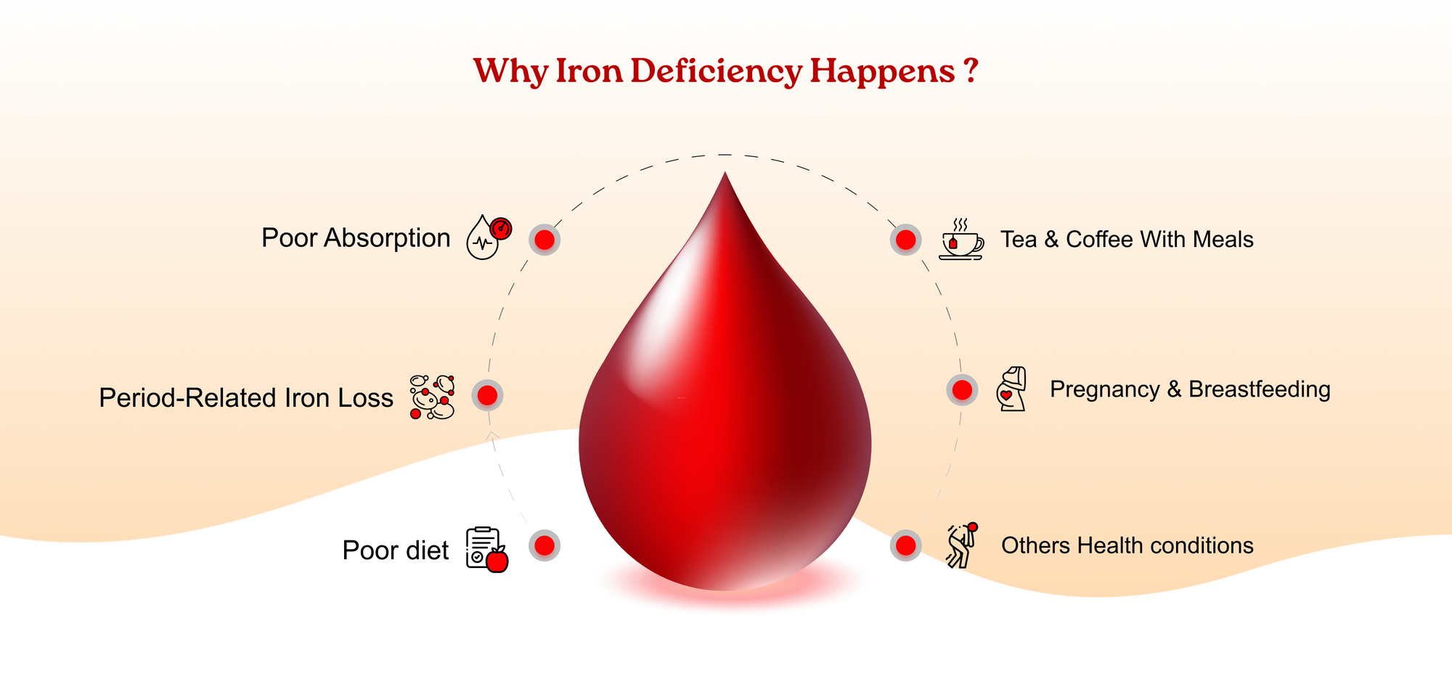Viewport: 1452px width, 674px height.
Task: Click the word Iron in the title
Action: pyautogui.click(x=589, y=70)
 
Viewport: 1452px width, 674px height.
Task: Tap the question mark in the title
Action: pyautogui.click(x=971, y=70)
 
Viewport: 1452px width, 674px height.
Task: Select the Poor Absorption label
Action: pyautogui.click(x=356, y=238)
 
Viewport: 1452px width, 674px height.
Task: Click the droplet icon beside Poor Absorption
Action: pyautogui.click(x=489, y=237)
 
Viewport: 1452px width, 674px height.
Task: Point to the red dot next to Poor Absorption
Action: pyautogui.click(x=544, y=240)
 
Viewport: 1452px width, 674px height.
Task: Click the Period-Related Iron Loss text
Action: pyautogui.click(x=246, y=398)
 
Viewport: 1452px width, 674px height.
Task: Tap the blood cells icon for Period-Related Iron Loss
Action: pyautogui.click(x=433, y=397)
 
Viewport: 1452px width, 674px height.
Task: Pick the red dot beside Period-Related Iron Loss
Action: pyautogui.click(x=487, y=395)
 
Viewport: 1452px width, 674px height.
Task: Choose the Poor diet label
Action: pyautogui.click(x=396, y=551)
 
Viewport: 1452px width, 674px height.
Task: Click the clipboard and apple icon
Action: pyautogui.click(x=487, y=549)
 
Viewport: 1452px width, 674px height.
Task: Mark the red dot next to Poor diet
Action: pyautogui.click(x=544, y=545)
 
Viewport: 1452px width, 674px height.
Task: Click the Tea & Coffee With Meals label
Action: pyautogui.click(x=1127, y=240)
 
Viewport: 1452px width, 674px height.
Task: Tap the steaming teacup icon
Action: pyautogui.click(x=961, y=238)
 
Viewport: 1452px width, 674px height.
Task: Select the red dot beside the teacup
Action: pyautogui.click(x=906, y=240)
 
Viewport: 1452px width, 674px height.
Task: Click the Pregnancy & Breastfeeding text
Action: pyautogui.click(x=1190, y=390)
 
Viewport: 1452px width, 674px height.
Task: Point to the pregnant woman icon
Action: pyautogui.click(x=1012, y=389)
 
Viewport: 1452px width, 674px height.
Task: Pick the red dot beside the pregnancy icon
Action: pyautogui.click(x=962, y=390)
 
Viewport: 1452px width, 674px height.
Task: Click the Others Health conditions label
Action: pyautogui.click(x=1127, y=545)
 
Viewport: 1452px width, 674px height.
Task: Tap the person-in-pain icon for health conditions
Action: pyautogui.click(x=962, y=545)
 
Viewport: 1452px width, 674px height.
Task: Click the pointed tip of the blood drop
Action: pyautogui.click(x=725, y=172)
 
